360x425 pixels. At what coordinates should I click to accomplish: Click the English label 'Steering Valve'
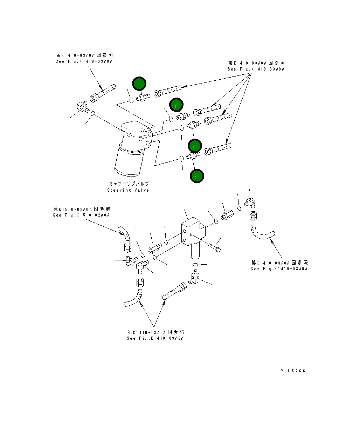(128, 190)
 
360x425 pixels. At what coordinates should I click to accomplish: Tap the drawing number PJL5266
(293, 371)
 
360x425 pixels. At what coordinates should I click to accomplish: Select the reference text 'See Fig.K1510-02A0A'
(81, 215)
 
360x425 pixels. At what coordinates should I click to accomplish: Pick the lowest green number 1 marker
(196, 176)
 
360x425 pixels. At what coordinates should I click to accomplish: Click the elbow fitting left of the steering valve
(82, 106)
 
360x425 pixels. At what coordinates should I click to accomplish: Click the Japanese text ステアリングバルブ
(129, 184)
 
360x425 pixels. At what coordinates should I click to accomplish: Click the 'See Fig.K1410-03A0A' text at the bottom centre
(155, 338)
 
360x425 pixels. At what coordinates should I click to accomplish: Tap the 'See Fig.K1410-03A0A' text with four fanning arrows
(256, 69)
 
